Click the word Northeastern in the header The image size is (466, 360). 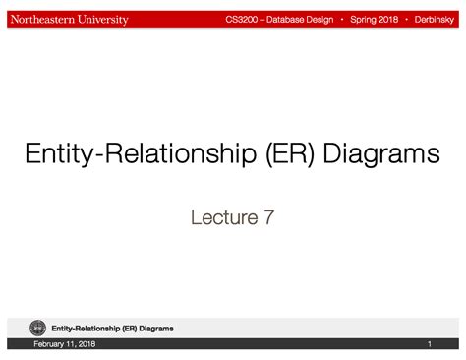[x=41, y=20]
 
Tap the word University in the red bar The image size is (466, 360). [x=102, y=20]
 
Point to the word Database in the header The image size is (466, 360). [x=290, y=20]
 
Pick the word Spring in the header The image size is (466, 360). [x=367, y=20]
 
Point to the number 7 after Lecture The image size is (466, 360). [x=268, y=217]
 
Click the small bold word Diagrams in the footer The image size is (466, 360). [x=157, y=328]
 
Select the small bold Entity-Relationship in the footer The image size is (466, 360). [x=85, y=328]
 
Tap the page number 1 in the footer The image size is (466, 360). [x=430, y=344]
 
